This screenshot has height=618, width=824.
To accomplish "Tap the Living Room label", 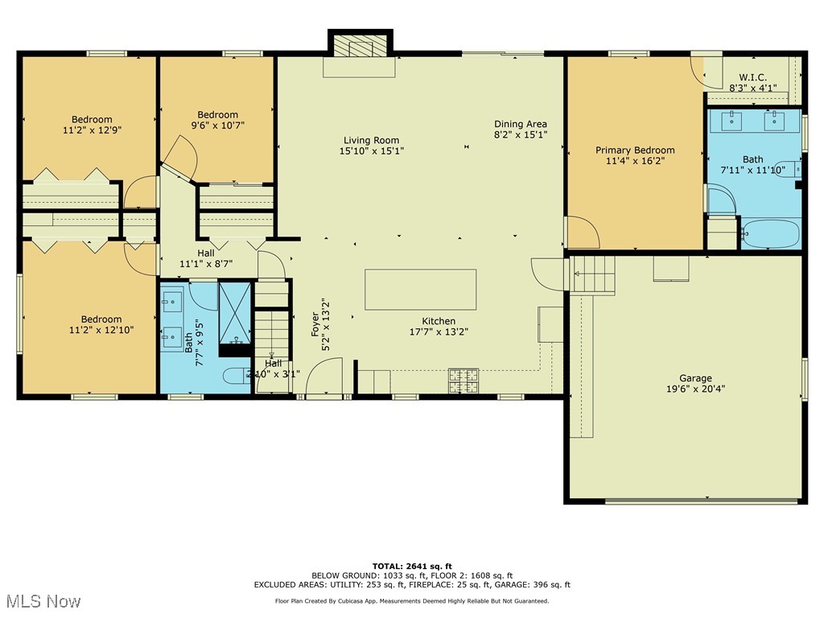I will (371, 141).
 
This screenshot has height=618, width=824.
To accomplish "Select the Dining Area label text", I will (520, 124).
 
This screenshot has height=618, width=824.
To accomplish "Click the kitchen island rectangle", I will (420, 290).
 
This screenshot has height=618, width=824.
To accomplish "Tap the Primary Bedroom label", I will (635, 150).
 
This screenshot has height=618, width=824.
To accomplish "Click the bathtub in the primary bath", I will (770, 234).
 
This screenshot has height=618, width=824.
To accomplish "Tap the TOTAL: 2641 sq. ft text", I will (411, 566).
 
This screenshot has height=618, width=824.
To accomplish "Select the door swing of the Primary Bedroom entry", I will (583, 233).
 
